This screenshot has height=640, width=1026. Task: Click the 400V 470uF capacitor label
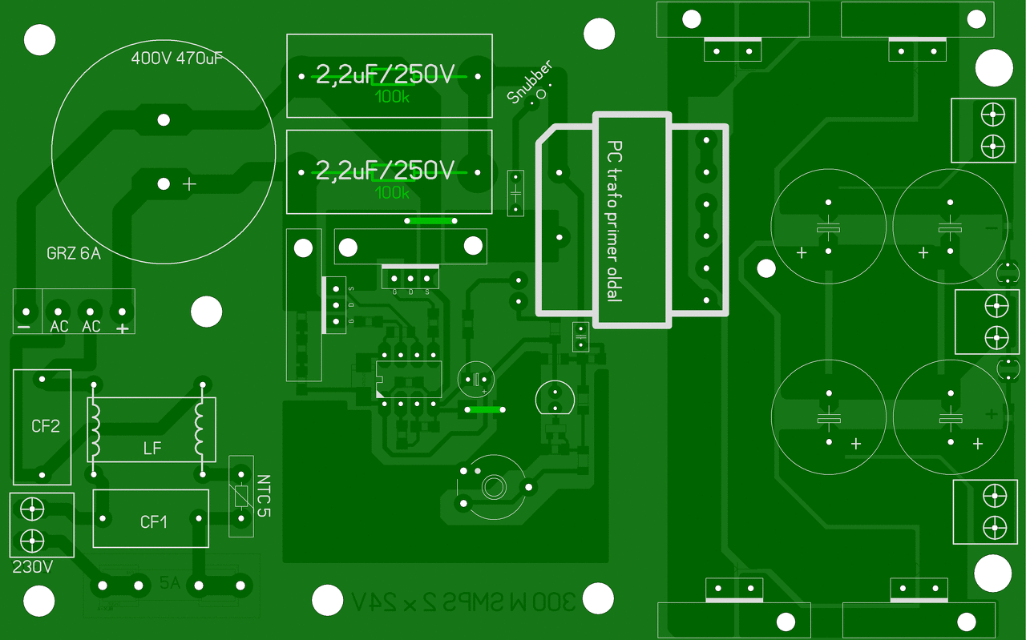176,58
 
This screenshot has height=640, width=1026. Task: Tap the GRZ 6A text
74,255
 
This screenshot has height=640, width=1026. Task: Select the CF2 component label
46,426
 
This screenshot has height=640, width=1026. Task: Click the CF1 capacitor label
154,522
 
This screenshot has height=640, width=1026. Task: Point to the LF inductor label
152,449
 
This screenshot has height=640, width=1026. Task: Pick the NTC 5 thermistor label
264,496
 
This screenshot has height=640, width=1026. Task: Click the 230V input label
33,567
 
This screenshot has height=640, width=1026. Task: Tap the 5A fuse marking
170,583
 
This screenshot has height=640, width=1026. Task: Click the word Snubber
531,83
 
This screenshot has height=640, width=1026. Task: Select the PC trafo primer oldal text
614,221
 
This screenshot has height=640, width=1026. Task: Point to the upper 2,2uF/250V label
386,75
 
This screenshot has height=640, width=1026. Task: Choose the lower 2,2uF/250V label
386,170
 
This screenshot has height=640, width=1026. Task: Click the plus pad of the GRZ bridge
121,312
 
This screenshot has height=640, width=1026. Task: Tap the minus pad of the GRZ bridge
26,312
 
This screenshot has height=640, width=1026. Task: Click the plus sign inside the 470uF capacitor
189,184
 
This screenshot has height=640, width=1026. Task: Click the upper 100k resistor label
392,97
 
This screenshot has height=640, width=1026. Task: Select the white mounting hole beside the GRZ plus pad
206,312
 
